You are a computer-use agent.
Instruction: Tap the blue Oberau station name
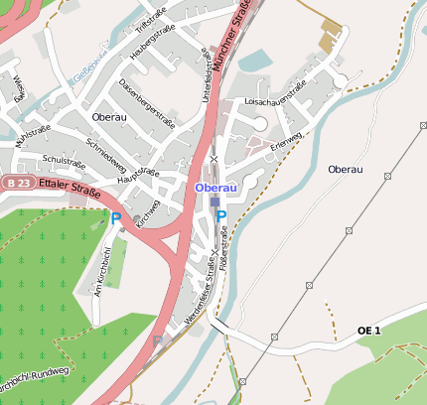pos(215,188)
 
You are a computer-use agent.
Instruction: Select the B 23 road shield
pos(14,184)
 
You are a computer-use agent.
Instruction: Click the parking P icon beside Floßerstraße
pos(221,216)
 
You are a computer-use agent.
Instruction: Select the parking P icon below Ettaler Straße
pos(115,217)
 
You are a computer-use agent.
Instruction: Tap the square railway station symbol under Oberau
pos(214,202)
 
